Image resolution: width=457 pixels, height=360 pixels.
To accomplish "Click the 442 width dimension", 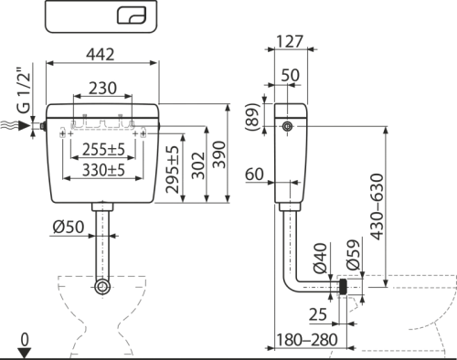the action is (101, 54).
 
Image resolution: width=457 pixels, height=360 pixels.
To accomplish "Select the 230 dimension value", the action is (102, 88).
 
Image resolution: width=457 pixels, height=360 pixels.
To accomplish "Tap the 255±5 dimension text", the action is (103, 149).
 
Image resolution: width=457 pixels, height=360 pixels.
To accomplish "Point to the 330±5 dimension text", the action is (103, 170).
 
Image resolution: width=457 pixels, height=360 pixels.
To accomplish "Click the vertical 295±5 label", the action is (173, 170).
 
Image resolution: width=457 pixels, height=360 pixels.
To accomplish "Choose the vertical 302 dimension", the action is (198, 165).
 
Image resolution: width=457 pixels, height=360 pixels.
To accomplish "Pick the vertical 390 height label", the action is (219, 154).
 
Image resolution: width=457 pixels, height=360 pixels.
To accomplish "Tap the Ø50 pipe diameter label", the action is (69, 227).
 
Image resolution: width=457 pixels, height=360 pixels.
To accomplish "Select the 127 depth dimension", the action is (290, 41).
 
